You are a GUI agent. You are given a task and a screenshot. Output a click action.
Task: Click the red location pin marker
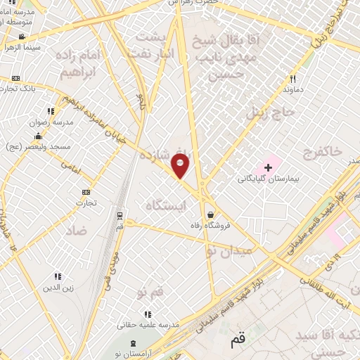tap(181, 166)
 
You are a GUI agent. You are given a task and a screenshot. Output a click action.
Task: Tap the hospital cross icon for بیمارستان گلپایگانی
tap(268, 167)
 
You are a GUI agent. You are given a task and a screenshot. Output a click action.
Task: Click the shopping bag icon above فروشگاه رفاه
tap(210, 214)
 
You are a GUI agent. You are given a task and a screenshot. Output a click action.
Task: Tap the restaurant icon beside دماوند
tap(293, 79)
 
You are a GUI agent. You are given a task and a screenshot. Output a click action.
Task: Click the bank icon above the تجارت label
tap(86, 193)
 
